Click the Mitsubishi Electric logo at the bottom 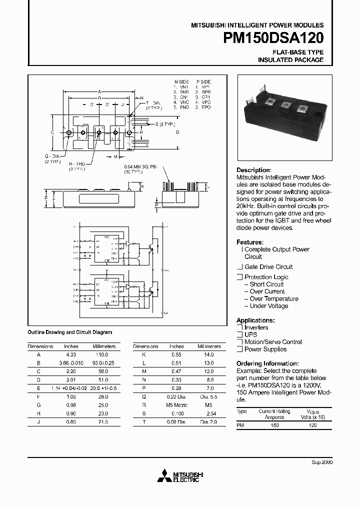(x=178, y=476)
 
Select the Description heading (x=253, y=170)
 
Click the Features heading (x=249, y=242)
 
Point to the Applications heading (x=255, y=320)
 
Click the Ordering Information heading (x=267, y=363)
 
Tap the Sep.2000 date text (x=322, y=462)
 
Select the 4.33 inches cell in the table (x=71, y=354)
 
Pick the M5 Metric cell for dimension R (x=176, y=405)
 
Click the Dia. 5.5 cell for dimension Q (x=208, y=396)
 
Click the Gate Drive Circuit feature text (x=268, y=267)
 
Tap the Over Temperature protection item (x=273, y=299)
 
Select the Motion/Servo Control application (x=273, y=342)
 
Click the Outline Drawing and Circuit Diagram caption (x=69, y=332)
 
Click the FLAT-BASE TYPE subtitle (x=298, y=52)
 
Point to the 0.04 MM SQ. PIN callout (x=142, y=167)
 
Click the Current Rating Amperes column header (x=274, y=414)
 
